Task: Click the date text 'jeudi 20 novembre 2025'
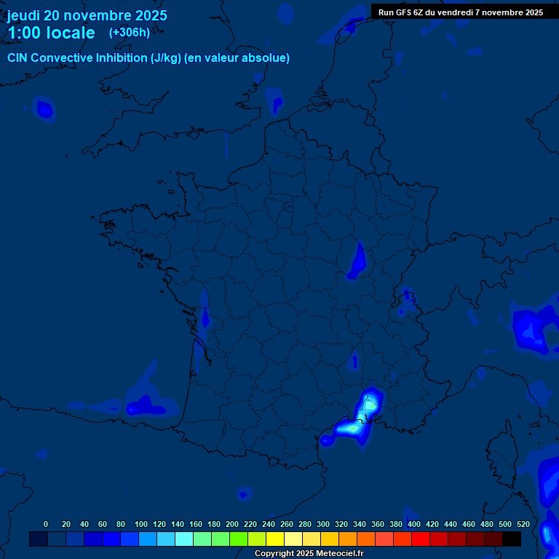pos(87,15)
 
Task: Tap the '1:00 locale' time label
pos(51,33)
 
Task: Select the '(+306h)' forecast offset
pos(130,33)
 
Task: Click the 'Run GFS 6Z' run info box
pos(461,12)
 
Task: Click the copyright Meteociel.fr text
pos(309,553)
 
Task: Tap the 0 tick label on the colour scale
pos(46,524)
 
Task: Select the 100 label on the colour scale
pos(141,524)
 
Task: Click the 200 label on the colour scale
pos(232,524)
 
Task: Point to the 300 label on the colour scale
pos(323,524)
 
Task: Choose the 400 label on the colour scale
pos(414,524)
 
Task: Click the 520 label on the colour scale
pos(523,524)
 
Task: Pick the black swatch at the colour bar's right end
pos(512,539)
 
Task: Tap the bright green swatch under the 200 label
pos(239,539)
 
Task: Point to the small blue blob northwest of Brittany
pos(45,110)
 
